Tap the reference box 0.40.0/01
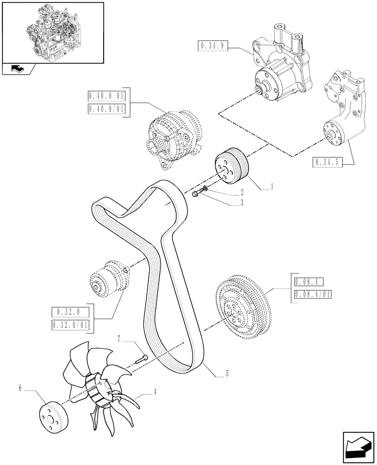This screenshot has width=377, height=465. click(x=106, y=109)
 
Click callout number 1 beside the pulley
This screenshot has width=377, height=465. click(x=272, y=186)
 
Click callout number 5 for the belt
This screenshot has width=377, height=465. click(x=227, y=372)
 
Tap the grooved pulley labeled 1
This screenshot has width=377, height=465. click(x=232, y=166)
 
